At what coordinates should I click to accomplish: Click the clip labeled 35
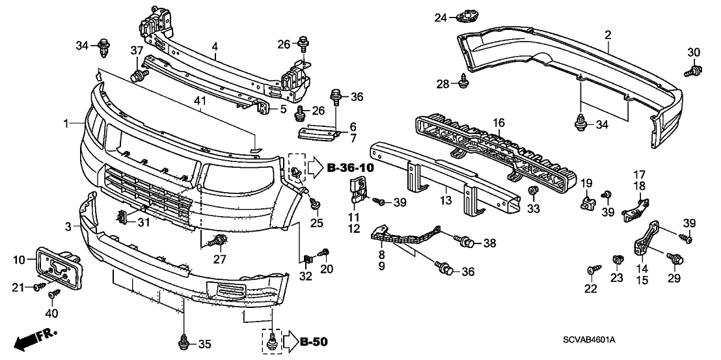(184, 340)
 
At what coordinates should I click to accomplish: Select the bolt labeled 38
(465, 243)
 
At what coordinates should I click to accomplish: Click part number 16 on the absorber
(498, 122)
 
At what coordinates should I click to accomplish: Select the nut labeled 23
(616, 260)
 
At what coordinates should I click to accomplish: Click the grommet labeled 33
(533, 191)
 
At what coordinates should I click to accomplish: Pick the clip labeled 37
(137, 76)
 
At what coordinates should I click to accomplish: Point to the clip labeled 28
(464, 81)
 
